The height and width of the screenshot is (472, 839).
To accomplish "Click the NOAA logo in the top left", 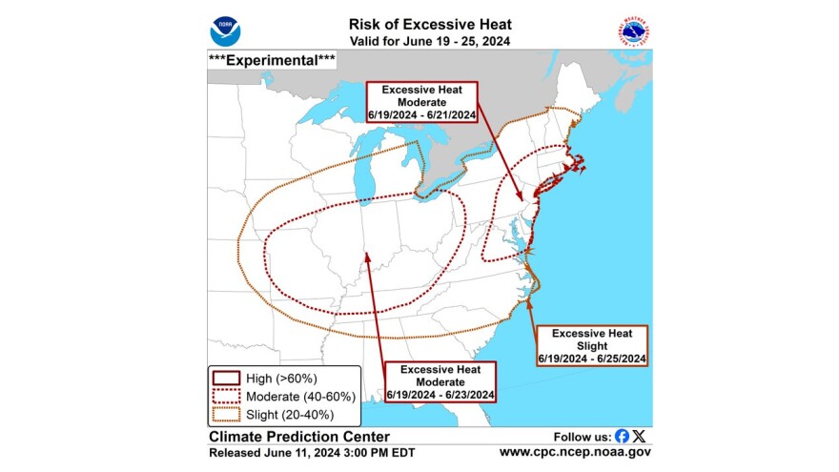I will (x=225, y=30).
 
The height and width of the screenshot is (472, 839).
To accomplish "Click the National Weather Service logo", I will (x=632, y=30).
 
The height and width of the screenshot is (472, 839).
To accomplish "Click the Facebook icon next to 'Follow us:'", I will (x=622, y=435).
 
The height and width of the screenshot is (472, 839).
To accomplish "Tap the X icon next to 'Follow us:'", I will (x=639, y=435).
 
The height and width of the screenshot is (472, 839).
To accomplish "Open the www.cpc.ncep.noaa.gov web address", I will (x=575, y=452).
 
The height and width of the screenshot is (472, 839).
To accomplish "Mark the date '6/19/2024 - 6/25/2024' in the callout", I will (x=593, y=358).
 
